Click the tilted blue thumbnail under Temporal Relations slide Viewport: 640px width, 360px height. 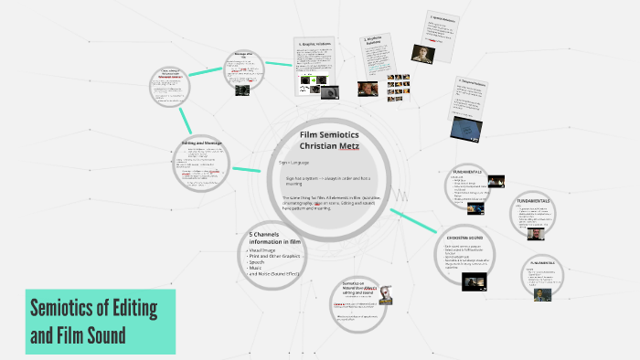[467, 128]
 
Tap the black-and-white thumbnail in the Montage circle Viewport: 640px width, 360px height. [240, 90]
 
